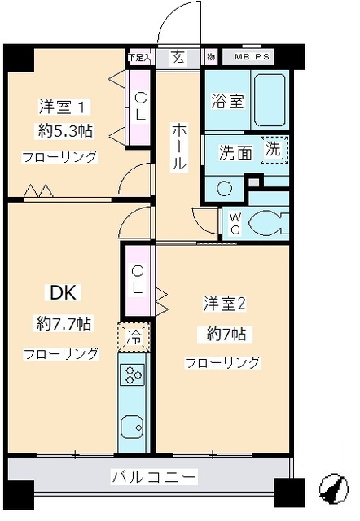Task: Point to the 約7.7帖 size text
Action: (64, 323)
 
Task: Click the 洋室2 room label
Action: (225, 304)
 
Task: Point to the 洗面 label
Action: (233, 151)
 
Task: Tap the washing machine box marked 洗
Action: (274, 150)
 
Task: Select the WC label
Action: (234, 222)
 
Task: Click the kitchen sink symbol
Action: (131, 426)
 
